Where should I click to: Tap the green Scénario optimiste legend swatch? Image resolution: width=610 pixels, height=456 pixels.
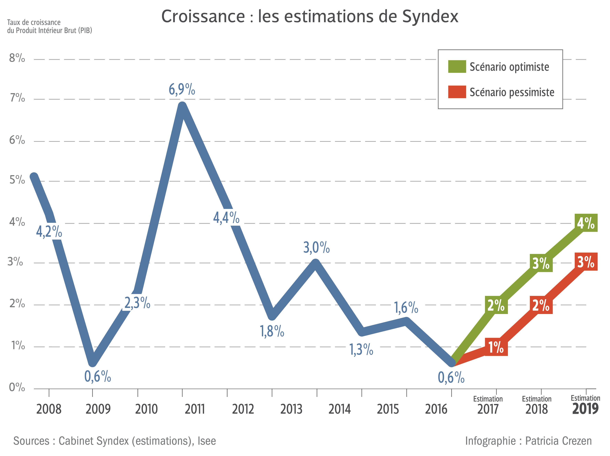pos(457,67)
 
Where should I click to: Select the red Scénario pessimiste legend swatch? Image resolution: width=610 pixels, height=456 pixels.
pos(457,92)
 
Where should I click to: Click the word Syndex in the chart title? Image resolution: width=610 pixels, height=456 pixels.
pos(430,17)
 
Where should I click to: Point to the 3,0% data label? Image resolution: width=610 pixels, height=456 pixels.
pos(316,247)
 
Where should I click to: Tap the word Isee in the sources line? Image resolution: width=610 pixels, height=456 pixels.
pos(207,441)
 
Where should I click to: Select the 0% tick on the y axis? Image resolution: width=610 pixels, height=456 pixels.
pos(17,388)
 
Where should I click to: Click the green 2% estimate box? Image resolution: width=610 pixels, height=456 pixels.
pos(496,305)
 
